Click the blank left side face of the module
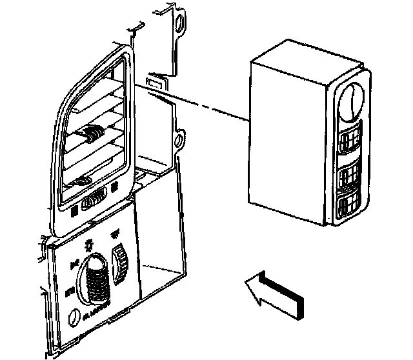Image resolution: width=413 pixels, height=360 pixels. pyautogui.click(x=284, y=139)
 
